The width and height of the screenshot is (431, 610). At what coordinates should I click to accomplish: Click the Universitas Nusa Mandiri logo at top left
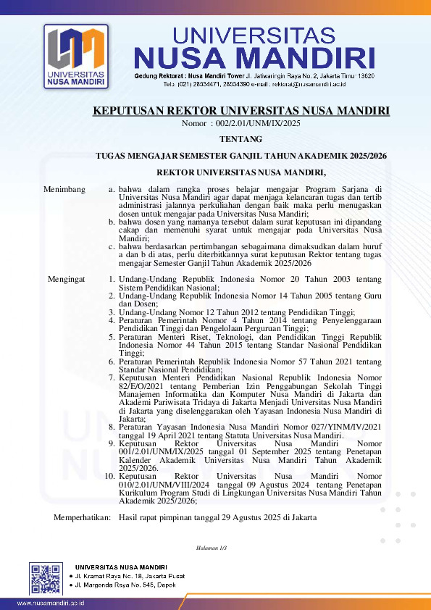tap(75, 57)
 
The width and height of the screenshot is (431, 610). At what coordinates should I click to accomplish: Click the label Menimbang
tap(64, 190)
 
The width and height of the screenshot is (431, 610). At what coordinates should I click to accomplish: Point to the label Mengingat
tap(67, 279)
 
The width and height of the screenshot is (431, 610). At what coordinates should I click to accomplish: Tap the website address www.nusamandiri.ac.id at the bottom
tap(51, 603)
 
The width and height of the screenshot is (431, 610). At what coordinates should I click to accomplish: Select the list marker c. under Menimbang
tap(112, 246)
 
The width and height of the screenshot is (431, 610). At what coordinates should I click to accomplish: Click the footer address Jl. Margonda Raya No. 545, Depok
tap(122, 584)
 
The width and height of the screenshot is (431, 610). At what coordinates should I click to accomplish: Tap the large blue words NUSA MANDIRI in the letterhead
tap(255, 58)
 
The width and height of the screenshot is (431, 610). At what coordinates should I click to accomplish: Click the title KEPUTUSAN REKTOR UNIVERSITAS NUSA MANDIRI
tap(241, 111)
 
